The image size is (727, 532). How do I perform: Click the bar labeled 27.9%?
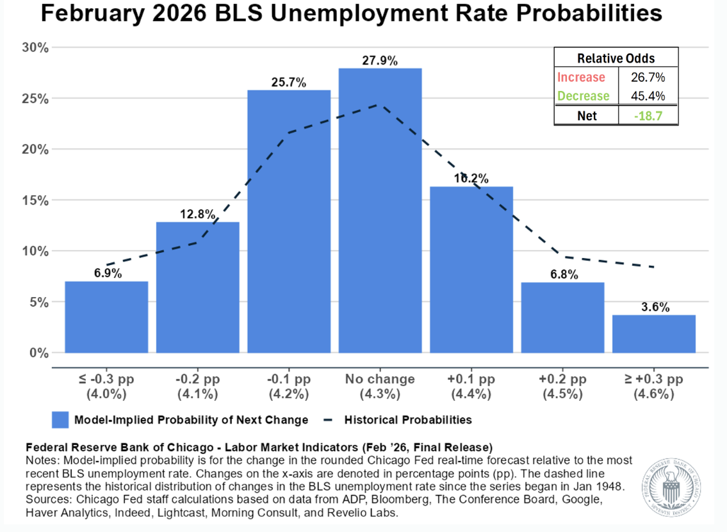point(380,211)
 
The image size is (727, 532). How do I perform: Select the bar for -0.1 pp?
point(289,222)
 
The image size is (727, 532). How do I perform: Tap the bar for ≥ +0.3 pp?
point(653,334)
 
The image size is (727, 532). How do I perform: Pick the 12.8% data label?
point(197,214)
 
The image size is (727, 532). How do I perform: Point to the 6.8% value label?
point(563,275)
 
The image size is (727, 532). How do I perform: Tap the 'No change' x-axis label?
point(380,379)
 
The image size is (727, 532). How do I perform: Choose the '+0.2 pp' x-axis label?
point(562,379)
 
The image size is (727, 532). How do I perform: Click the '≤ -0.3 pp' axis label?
point(106,379)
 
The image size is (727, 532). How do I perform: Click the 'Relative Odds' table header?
point(616,58)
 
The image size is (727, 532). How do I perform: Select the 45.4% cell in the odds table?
point(648,96)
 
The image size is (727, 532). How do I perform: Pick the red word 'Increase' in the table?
point(581,77)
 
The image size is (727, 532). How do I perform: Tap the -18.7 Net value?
point(648,116)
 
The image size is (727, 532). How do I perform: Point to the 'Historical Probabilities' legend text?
point(408,420)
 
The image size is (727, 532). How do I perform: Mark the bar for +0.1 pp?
point(471,270)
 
